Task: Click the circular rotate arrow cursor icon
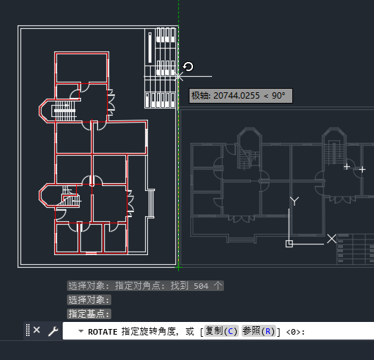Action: (x=188, y=67)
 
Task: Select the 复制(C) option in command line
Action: (x=221, y=331)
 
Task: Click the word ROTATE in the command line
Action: (x=103, y=331)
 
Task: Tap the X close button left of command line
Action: (x=37, y=330)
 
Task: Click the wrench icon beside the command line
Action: (x=52, y=330)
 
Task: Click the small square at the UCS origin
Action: (x=289, y=244)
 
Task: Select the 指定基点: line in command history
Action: (x=89, y=314)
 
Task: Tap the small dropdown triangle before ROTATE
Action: (x=81, y=331)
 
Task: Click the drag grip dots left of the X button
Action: (x=27, y=330)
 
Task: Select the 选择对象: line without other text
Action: (x=89, y=300)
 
